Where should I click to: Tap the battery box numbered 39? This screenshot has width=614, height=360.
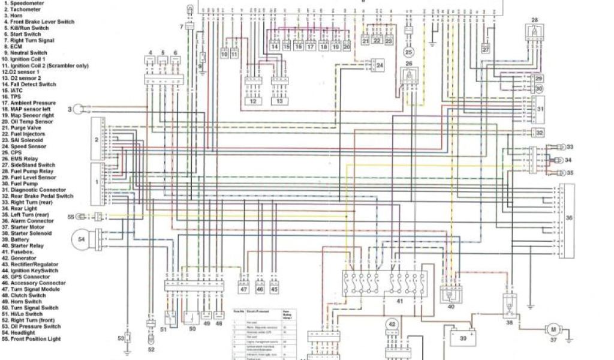coord(462,338)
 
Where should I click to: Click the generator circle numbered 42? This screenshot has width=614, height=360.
coord(392,325)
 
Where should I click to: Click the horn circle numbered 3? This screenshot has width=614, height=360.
coord(77,109)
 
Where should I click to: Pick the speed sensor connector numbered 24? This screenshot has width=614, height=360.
coord(380,64)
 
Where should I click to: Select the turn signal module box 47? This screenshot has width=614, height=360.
coord(243,289)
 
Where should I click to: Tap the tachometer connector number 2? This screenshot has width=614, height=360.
coord(95,139)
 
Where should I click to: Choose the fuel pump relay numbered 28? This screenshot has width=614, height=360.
coord(535,29)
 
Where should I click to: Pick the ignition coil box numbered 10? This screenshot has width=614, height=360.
coord(224,54)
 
